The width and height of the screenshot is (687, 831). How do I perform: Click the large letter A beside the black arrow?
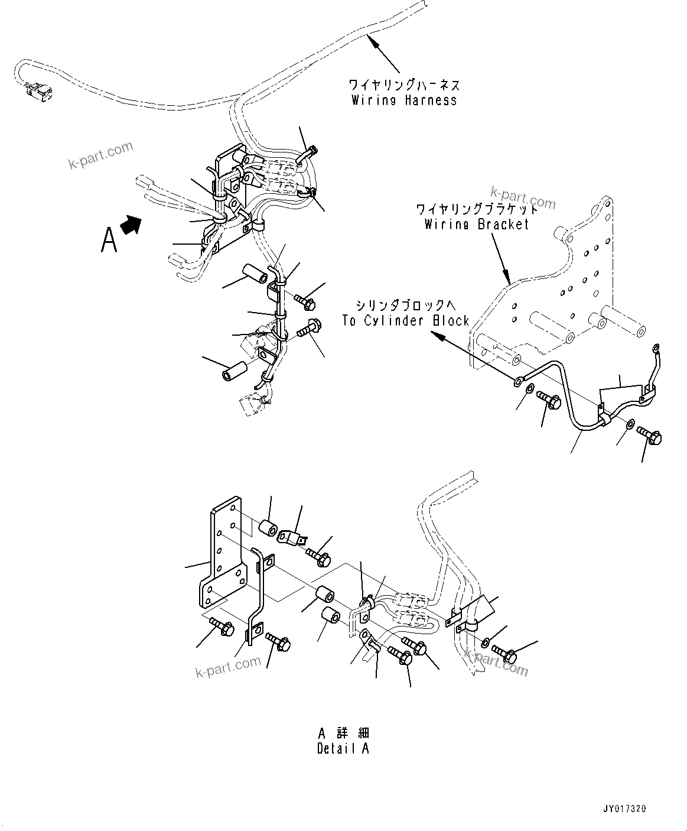(x=109, y=240)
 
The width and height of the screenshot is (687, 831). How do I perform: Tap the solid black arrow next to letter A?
(x=132, y=225)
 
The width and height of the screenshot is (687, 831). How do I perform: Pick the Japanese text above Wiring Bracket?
(x=477, y=209)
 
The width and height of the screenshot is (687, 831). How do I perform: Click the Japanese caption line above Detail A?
(x=343, y=733)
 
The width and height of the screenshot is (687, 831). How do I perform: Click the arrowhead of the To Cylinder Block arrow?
(x=435, y=335)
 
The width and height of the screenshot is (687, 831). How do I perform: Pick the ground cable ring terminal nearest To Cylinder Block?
(x=518, y=380)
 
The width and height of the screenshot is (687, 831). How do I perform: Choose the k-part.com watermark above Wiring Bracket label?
(x=523, y=197)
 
